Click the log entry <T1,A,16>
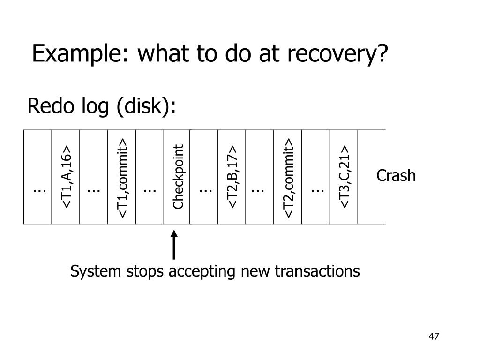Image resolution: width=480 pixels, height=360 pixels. pos(67,177)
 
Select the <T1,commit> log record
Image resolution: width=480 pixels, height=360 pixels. pos(122,178)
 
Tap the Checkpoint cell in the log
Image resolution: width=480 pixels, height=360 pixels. pos(178,177)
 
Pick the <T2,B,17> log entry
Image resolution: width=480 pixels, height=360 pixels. pos(232,177)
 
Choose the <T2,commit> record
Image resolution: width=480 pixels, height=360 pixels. pos(288,178)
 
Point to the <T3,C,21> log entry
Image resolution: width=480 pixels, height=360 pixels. pos(345,177)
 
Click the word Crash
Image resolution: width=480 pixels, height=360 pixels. pos(396,176)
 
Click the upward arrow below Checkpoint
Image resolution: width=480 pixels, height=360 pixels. pos(174,245)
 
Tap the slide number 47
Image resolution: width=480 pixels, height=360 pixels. pos(434,337)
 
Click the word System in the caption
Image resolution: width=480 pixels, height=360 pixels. pos(96,271)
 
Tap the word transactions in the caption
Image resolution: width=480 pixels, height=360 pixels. pos(317,271)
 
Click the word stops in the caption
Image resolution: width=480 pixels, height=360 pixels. pos(145,271)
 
